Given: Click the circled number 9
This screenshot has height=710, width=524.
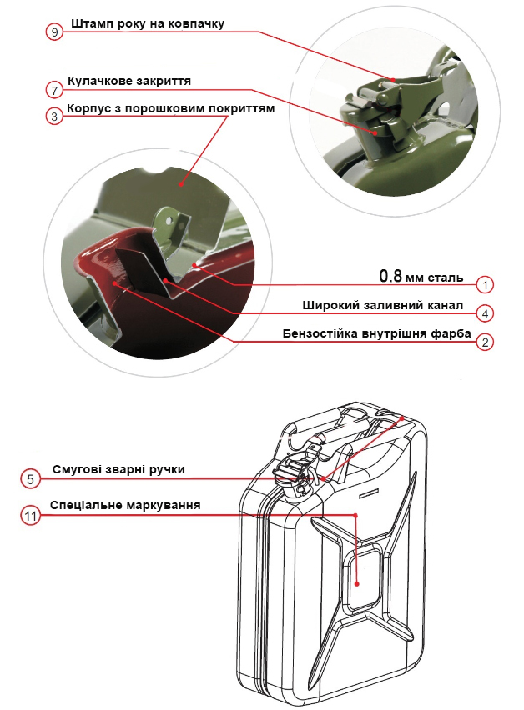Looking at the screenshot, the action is coord(54,32).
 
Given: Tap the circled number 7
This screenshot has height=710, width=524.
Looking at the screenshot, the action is coord(54,91).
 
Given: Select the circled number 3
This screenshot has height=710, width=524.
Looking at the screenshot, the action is coord(54,117).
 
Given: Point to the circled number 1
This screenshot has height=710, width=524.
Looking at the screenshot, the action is coord(485,285).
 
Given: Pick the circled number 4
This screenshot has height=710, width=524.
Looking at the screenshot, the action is coord(485,313).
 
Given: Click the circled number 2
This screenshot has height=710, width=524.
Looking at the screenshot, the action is coord(485,342).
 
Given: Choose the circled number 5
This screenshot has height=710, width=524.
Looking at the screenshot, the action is coord(30,479).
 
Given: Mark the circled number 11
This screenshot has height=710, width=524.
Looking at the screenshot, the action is coord(30,516).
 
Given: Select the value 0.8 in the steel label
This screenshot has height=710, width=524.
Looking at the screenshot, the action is coord(390,276).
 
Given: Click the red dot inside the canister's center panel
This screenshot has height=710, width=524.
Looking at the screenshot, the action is coord(357,584).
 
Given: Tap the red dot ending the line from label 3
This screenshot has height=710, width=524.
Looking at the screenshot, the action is coord(180,184).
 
